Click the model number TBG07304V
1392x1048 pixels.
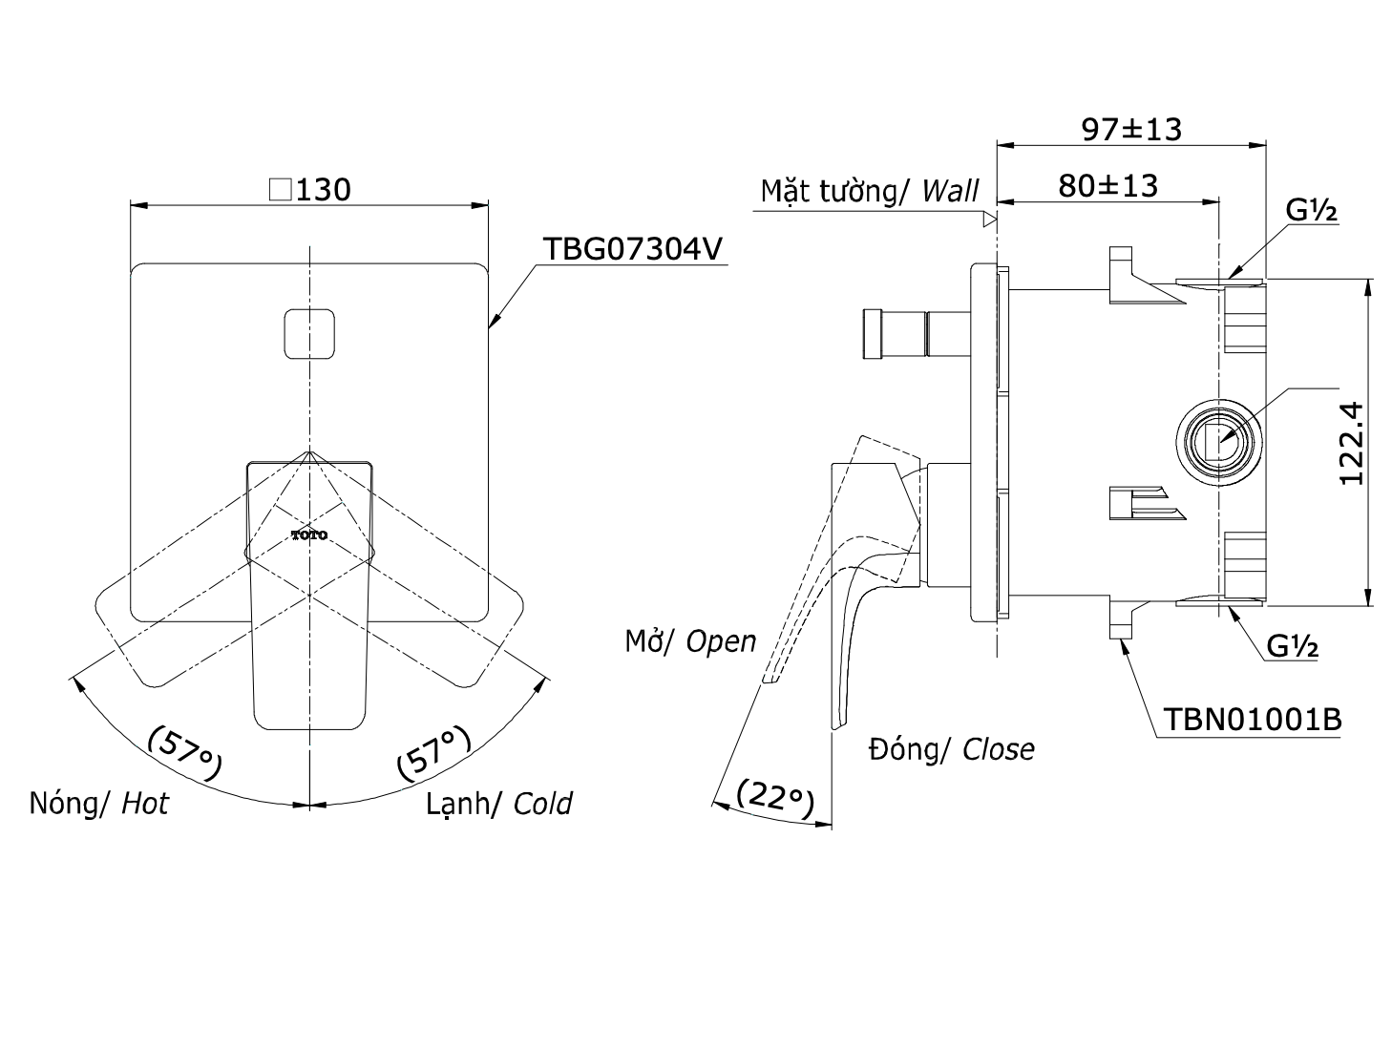click(x=633, y=249)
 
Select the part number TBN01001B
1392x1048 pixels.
click(x=1252, y=719)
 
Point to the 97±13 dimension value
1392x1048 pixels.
click(x=1131, y=129)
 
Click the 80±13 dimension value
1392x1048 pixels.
click(x=1107, y=185)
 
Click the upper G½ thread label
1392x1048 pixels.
click(x=1311, y=212)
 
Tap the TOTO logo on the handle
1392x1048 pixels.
click(x=309, y=535)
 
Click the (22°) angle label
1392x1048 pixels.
click(x=775, y=800)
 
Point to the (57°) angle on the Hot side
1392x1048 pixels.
click(x=184, y=751)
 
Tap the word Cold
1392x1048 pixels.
click(x=542, y=804)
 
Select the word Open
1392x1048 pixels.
click(x=721, y=641)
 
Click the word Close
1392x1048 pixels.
click(x=998, y=749)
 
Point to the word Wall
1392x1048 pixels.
click(x=950, y=191)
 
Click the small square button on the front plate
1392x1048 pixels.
click(x=310, y=335)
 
